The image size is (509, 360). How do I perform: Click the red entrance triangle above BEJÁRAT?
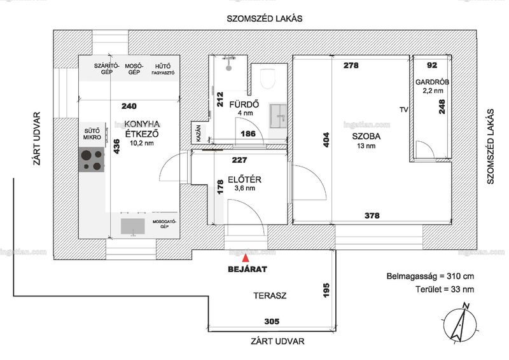246,258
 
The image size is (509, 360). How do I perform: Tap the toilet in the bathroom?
268,78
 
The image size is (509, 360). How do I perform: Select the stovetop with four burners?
92,160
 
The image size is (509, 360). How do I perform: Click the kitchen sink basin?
132,226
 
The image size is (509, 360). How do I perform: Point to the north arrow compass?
460,323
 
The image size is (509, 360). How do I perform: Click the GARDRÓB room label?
433,82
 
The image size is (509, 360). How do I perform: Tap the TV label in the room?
404,110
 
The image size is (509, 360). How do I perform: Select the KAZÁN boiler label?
199,133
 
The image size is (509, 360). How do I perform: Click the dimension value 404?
326,139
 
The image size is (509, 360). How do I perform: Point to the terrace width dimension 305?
272,321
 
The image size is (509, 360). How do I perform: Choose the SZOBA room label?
366,136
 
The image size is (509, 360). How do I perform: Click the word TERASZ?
270,296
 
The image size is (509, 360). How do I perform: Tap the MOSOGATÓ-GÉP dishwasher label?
164,224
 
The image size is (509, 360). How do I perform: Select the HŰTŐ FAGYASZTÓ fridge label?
163,69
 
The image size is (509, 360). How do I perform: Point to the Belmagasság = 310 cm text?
430,277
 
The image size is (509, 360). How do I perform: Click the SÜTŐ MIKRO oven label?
92,134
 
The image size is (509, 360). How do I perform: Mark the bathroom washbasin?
278,116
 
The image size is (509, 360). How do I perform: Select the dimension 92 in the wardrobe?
432,66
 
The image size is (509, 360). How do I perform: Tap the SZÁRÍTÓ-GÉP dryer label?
106,69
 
